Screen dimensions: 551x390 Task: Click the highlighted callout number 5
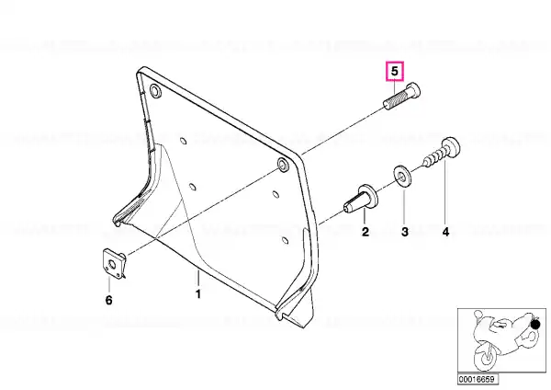395,72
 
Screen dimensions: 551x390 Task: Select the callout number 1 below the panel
198,294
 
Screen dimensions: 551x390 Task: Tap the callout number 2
365,232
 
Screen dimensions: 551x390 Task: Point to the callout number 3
405,232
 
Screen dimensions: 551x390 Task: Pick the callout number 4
445,232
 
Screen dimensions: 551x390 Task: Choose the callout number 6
109,300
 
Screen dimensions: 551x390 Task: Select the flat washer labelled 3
402,177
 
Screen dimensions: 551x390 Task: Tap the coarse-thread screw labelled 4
443,151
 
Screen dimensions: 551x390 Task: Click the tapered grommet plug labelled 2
361,199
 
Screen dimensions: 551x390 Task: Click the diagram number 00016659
478,379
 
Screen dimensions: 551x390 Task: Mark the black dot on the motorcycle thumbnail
535,324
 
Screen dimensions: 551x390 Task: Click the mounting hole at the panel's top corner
155,91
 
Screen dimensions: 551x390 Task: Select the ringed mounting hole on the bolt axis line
282,165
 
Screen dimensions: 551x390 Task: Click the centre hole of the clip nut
112,265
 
